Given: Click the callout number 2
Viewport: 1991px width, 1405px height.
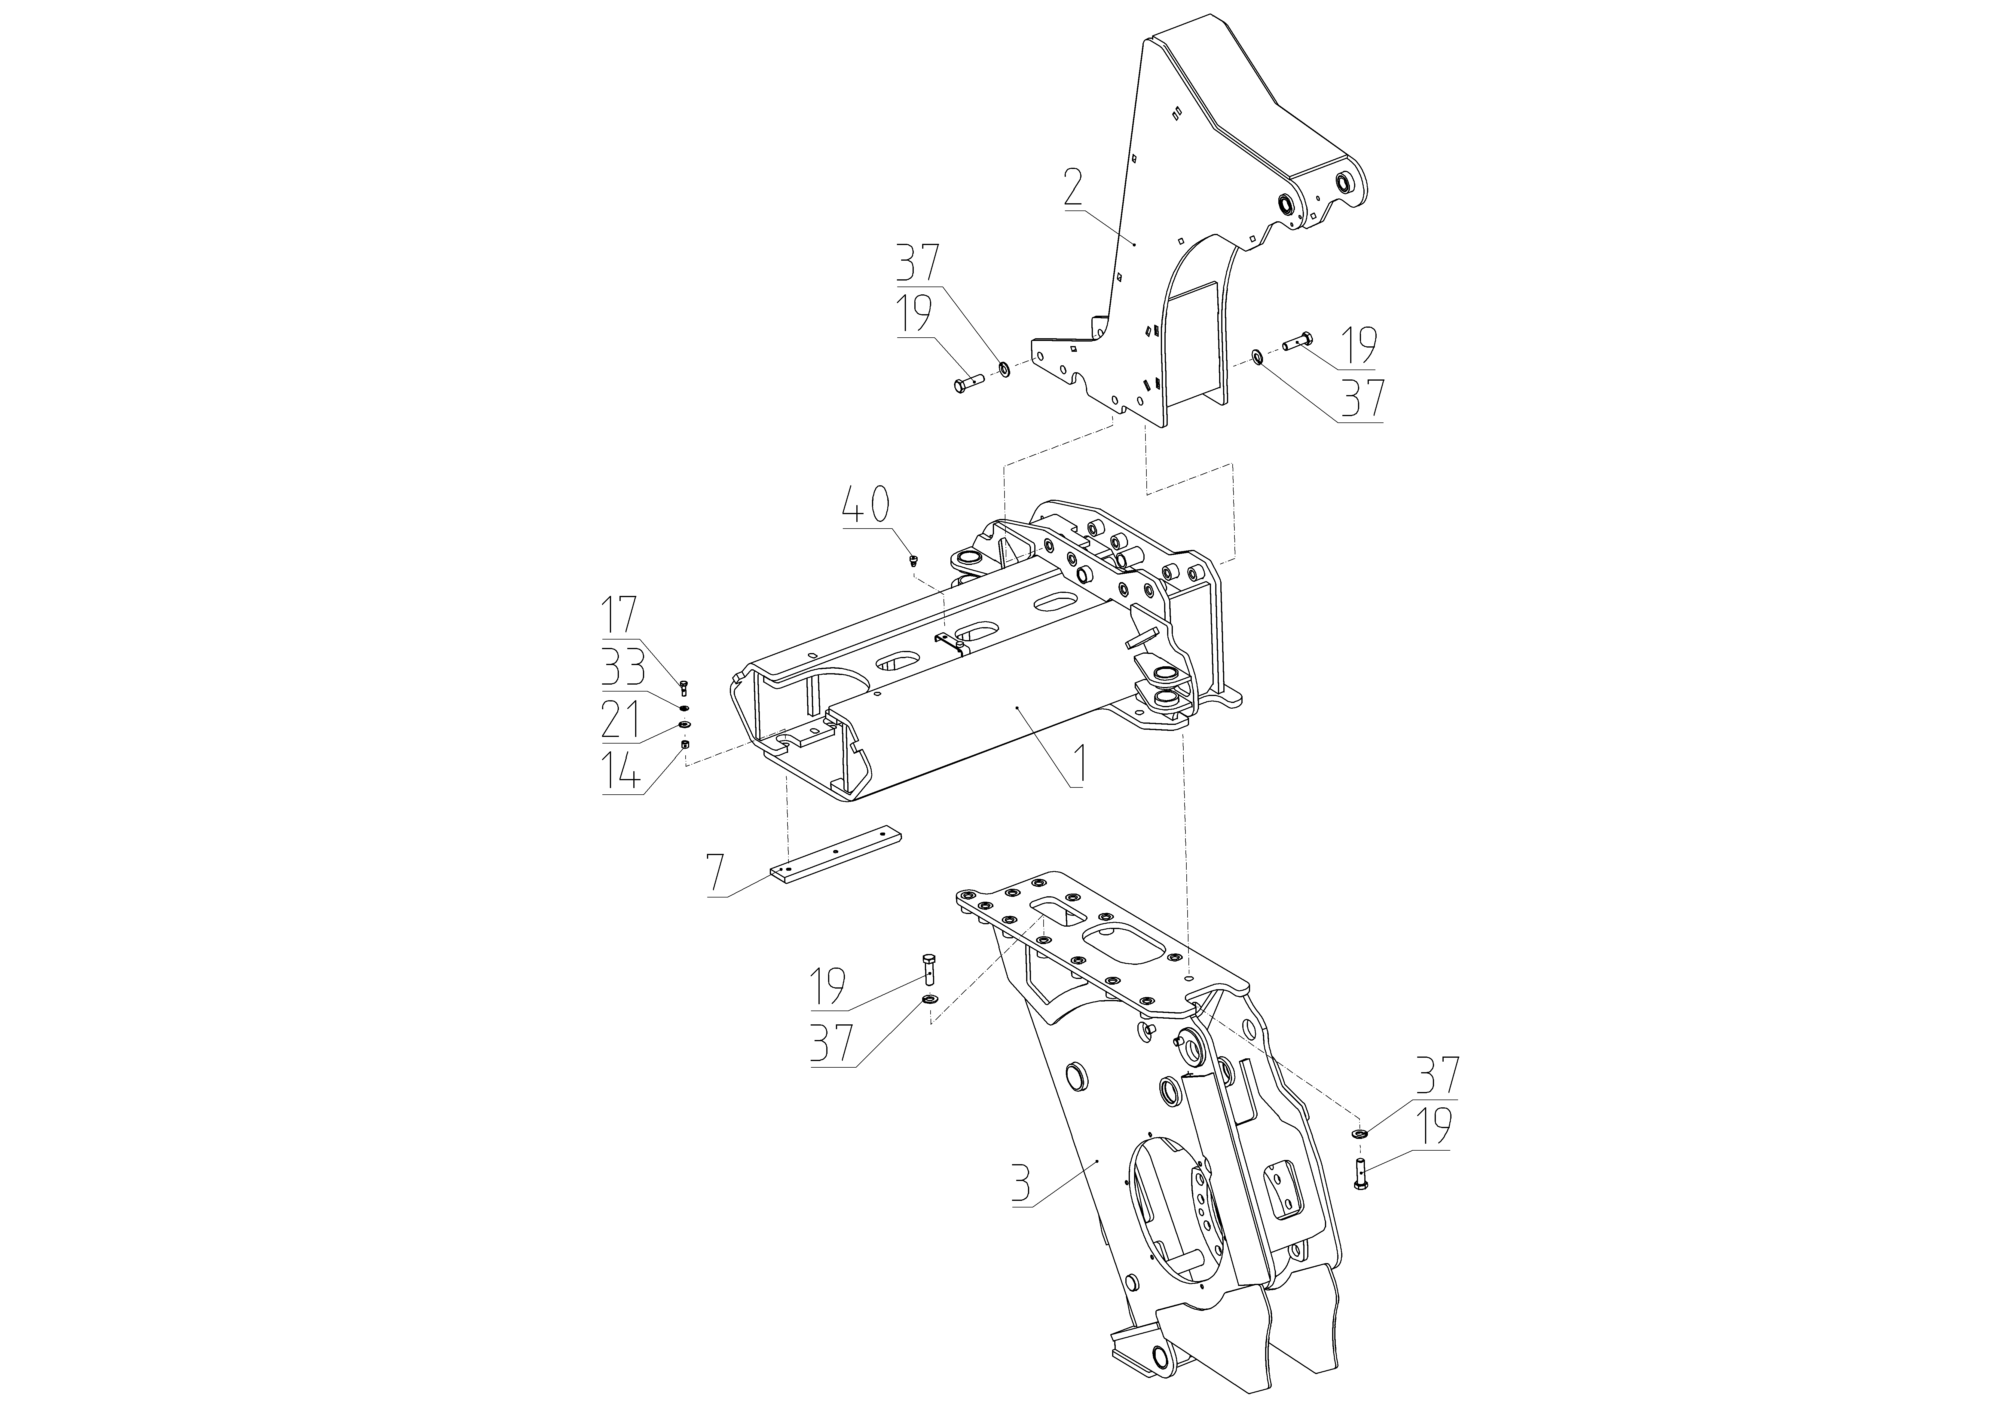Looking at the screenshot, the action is (1074, 186).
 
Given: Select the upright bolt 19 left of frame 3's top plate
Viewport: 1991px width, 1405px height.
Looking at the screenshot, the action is (929, 968).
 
